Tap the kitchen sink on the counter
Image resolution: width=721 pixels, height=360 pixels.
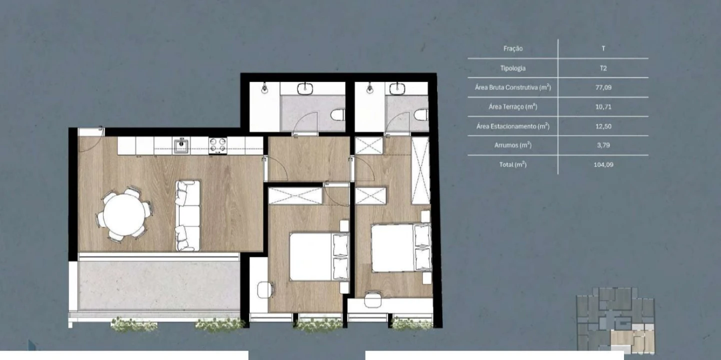pos(181,145)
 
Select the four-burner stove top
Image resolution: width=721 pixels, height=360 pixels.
pos(217,145)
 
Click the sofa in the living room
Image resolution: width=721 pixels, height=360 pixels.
pos(187,215)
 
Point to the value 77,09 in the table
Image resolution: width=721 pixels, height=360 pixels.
pos(603,87)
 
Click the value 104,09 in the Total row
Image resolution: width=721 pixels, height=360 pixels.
pos(603,164)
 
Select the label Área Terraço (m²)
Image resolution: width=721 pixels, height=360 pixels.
pos(512,106)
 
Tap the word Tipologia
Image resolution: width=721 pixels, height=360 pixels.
pos(512,68)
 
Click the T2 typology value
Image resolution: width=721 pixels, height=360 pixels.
pos(603,68)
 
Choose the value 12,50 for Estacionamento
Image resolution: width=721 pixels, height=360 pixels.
pos(603,126)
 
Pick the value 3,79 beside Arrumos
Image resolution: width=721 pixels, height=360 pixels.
pos(603,145)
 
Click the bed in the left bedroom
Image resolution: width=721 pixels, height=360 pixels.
pos(319,256)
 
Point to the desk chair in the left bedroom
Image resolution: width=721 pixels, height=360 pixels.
pos(265,290)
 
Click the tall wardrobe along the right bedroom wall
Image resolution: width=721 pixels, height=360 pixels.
pos(420,170)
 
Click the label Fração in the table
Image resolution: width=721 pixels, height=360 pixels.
pos(513,48)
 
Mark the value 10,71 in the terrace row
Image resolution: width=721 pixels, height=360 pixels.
pos(603,106)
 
